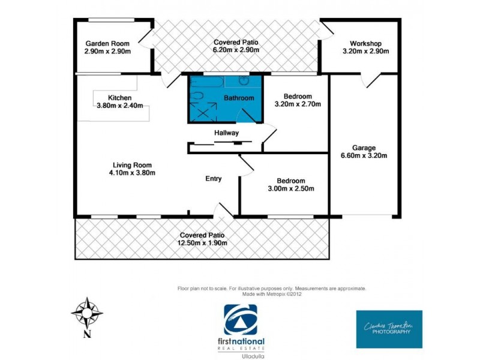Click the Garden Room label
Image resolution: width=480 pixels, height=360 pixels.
[x=108, y=44]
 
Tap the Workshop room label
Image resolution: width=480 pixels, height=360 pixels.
[x=365, y=44]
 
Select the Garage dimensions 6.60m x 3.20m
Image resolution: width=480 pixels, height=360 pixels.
[x=364, y=156]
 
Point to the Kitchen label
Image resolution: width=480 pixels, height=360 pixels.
[x=119, y=98]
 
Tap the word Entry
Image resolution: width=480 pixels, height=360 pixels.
[x=214, y=179]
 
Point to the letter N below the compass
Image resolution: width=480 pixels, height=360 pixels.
[x=87, y=334]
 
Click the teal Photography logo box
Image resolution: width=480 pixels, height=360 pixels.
[x=389, y=329]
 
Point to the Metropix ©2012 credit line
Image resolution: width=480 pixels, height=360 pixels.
[x=272, y=294]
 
